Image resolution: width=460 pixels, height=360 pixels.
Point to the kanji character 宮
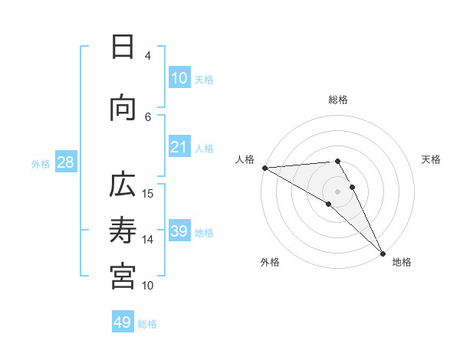point(123,275)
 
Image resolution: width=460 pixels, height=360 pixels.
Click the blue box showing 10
point(179,78)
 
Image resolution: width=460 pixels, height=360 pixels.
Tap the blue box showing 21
point(179,148)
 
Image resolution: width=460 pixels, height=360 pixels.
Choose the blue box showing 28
point(65,162)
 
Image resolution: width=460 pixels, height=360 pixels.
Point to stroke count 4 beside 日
point(147,55)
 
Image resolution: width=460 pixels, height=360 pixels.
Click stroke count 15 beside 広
point(149,193)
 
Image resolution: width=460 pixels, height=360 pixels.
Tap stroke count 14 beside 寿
point(149,240)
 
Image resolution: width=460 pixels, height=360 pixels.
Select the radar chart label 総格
point(338,100)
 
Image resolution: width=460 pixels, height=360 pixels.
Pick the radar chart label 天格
point(431,159)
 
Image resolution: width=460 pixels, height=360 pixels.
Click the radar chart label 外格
point(270,262)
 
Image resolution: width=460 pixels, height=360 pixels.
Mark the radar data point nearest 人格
point(264,168)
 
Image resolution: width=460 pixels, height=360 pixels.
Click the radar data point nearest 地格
point(383,252)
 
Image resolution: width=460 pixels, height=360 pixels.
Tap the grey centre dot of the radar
point(338,191)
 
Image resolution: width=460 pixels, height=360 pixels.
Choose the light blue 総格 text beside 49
point(147,324)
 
